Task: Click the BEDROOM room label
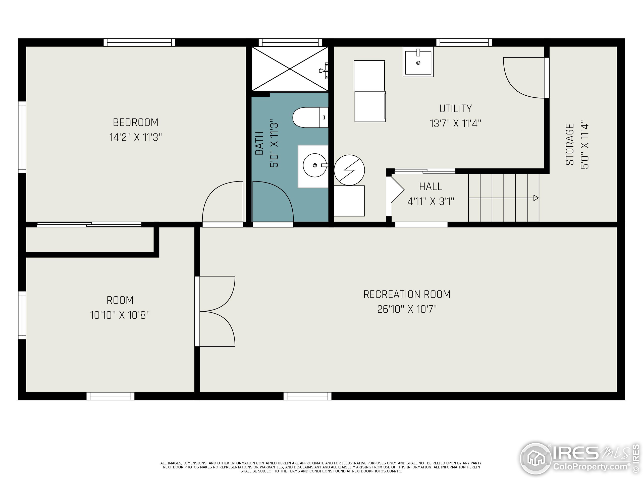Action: [x=135, y=122]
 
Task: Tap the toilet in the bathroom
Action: [x=310, y=117]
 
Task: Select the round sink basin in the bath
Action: [x=315, y=165]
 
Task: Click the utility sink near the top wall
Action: [x=418, y=62]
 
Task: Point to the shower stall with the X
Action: [x=290, y=69]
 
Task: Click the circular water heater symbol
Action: [x=349, y=170]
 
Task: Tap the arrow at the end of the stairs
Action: [x=536, y=198]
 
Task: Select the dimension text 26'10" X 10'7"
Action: [x=407, y=309]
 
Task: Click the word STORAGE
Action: [x=570, y=144]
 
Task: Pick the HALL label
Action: [x=431, y=187]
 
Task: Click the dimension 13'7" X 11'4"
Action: [x=456, y=124]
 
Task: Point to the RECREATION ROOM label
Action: [x=407, y=294]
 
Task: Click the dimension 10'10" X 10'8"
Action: [x=120, y=315]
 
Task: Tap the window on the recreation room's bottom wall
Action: [x=307, y=396]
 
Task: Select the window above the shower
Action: [x=290, y=42]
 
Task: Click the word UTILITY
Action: [x=456, y=108]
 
